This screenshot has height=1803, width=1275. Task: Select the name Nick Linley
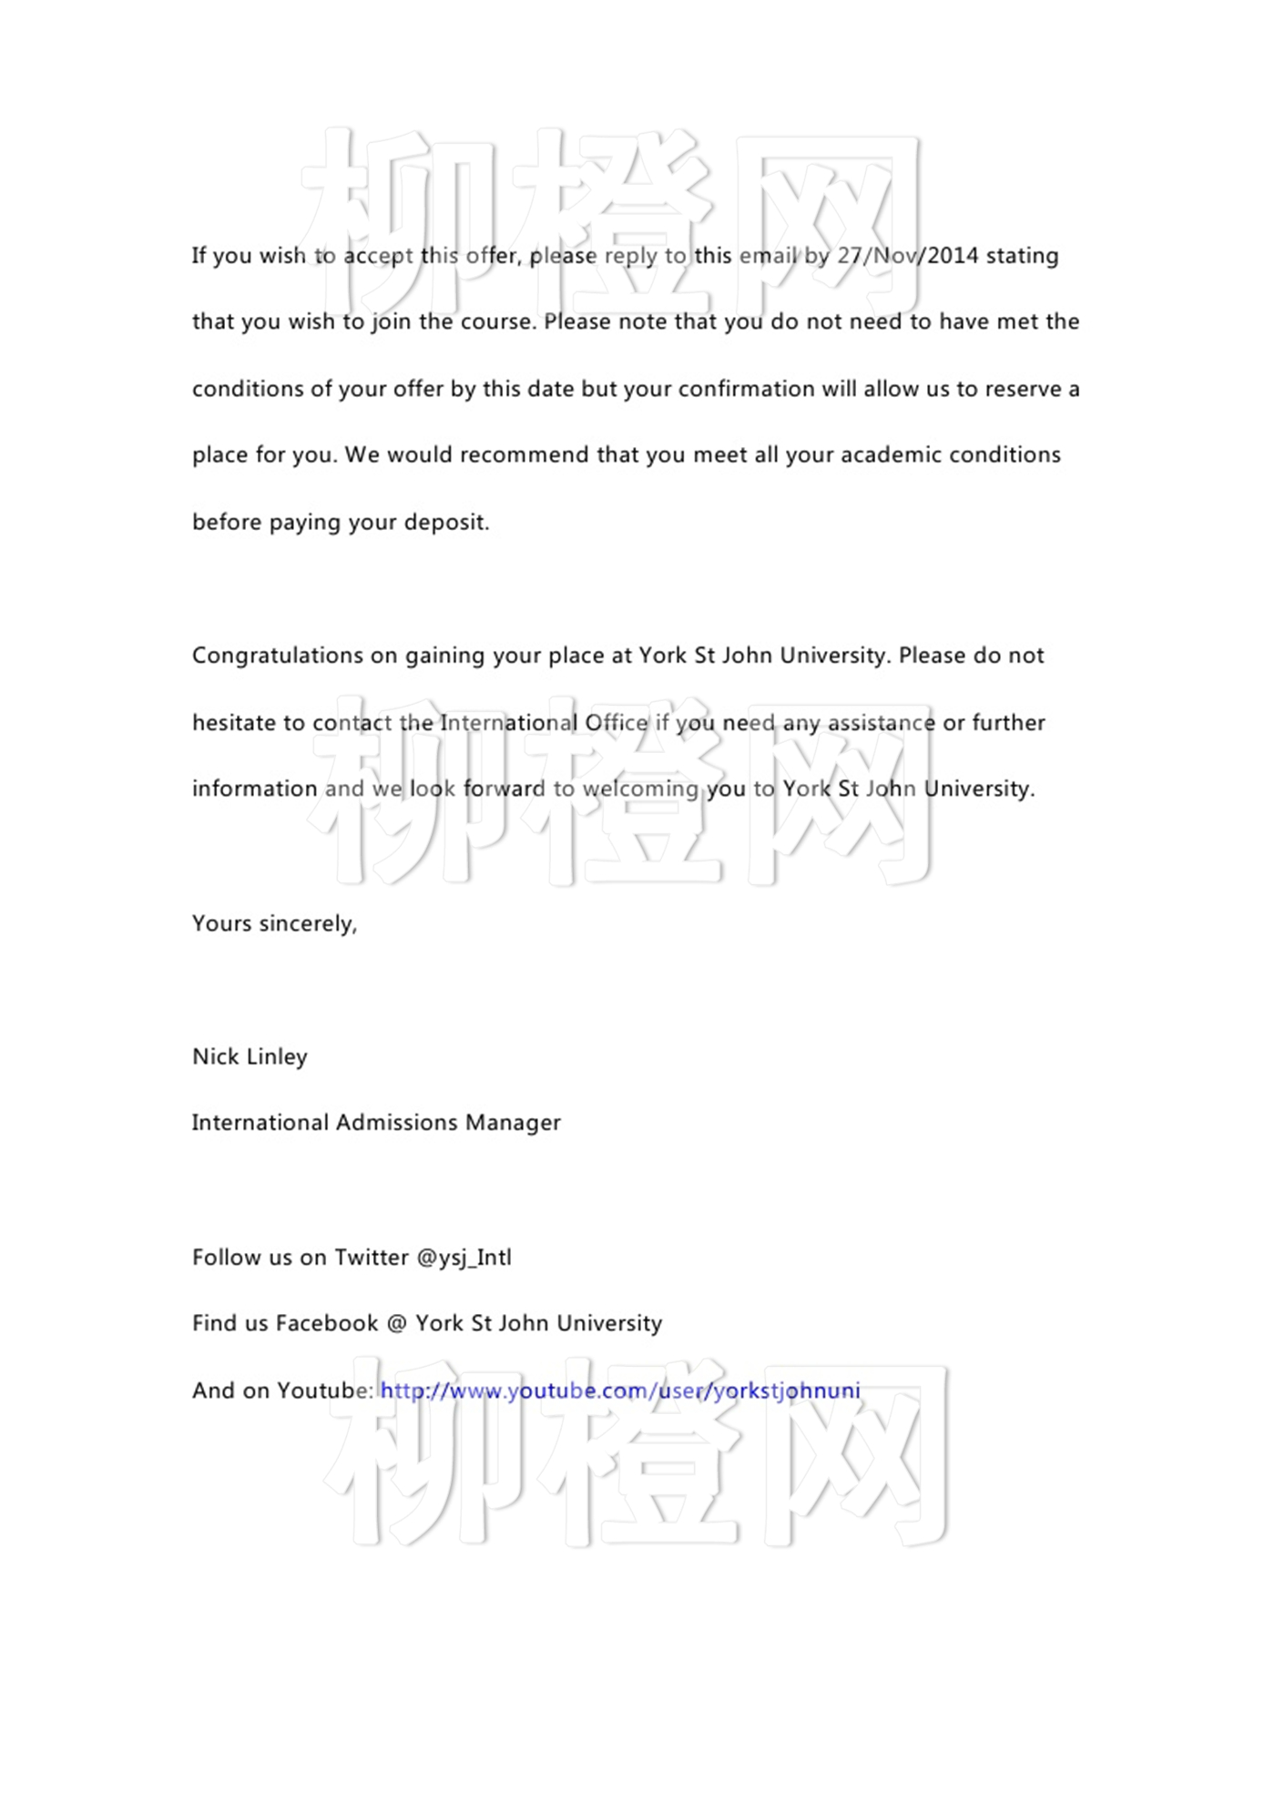250,1056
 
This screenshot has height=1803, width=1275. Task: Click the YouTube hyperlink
619,1390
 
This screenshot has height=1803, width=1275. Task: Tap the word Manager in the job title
513,1123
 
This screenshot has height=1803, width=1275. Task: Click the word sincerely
308,923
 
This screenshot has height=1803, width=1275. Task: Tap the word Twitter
371,1258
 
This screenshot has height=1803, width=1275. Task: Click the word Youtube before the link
325,1390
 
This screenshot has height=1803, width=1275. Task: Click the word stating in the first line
1022,256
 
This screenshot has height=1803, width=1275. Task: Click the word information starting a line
254,789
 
